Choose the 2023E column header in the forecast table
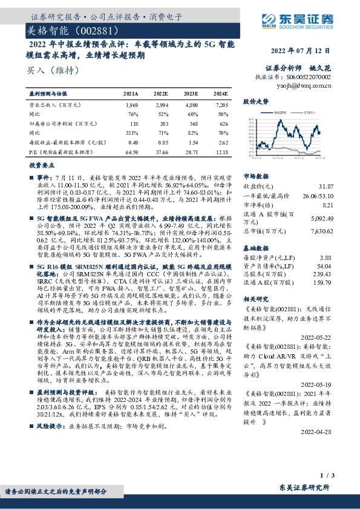coord(190,95)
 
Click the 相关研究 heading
coord(254,299)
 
